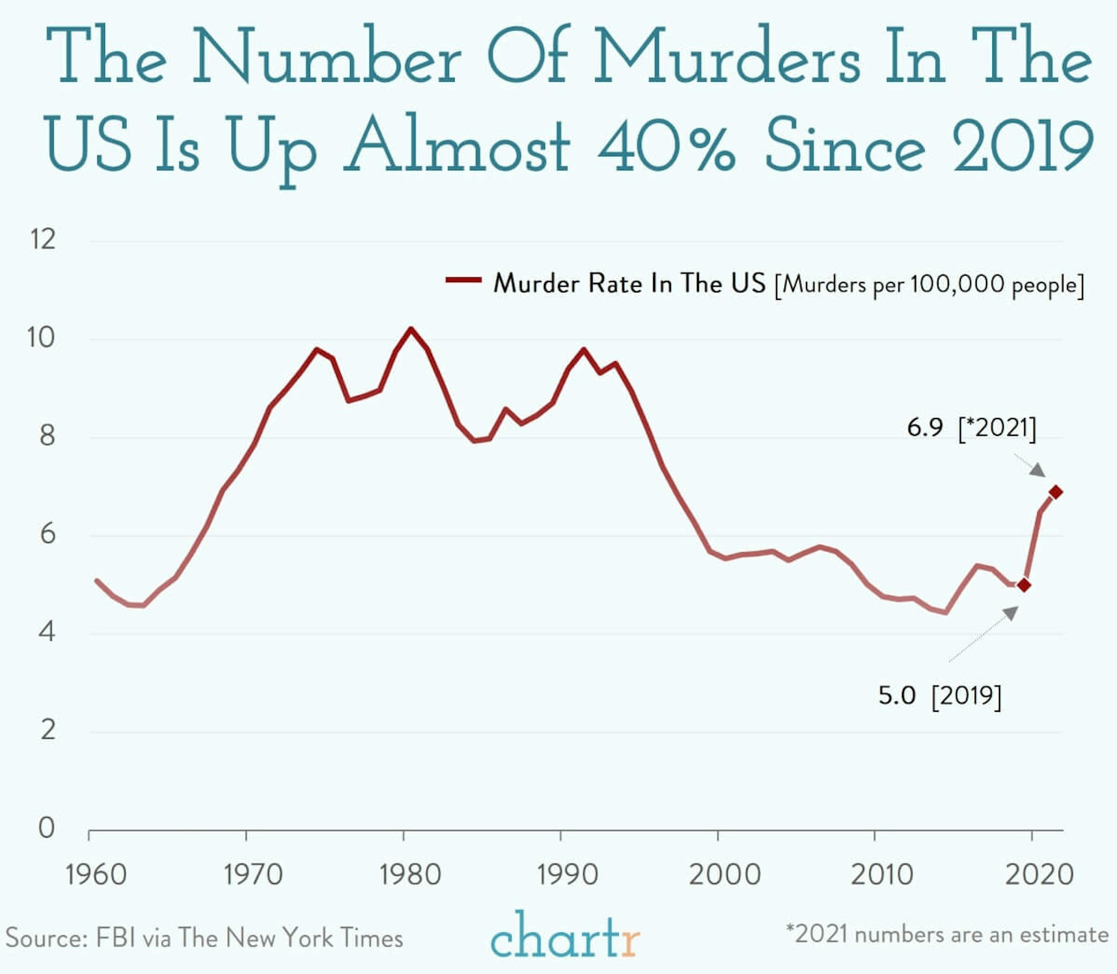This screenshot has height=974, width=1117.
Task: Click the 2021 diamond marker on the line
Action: pos(1056,493)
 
